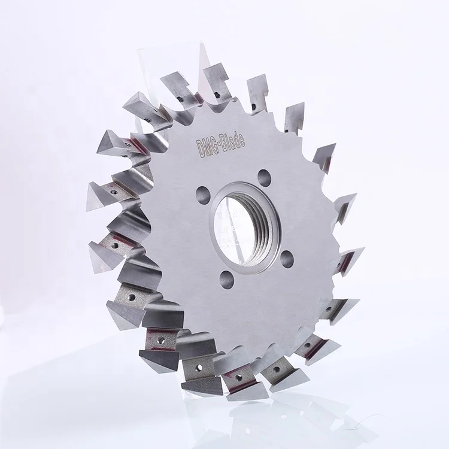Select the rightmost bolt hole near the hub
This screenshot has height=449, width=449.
click(x=287, y=257)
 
